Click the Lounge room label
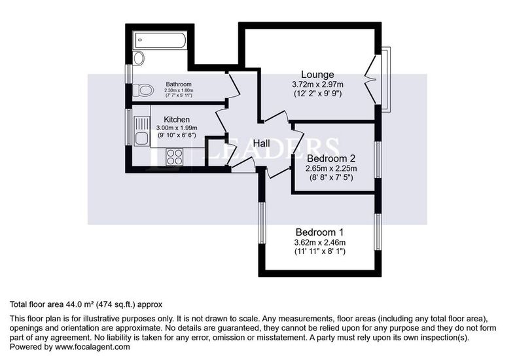pyautogui.click(x=317, y=74)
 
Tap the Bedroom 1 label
pyautogui.click(x=319, y=232)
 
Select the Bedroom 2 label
pyautogui.click(x=330, y=158)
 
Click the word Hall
pyautogui.click(x=262, y=143)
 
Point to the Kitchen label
pyautogui.click(x=177, y=120)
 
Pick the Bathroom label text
pyautogui.click(x=178, y=84)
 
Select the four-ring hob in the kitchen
pyautogui.click(x=175, y=156)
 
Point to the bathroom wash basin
pyautogui.click(x=137, y=58)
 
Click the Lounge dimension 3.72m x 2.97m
pyautogui.click(x=317, y=84)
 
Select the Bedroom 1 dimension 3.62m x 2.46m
pyautogui.click(x=319, y=243)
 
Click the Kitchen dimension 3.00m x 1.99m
pyautogui.click(x=177, y=128)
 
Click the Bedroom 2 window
pyautogui.click(x=378, y=158)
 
